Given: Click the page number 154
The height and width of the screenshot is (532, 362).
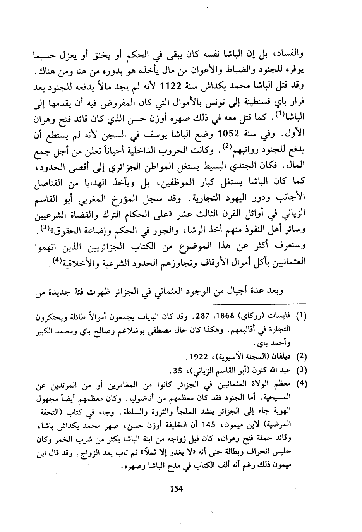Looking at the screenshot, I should coord(176,488).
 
